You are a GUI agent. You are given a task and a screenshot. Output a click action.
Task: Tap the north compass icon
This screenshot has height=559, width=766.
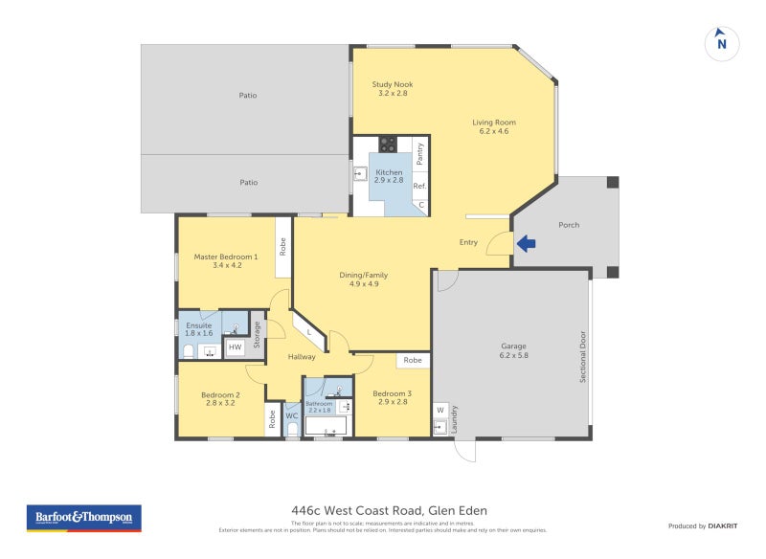722,43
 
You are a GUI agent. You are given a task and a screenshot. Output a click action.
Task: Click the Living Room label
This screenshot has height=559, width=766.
493,126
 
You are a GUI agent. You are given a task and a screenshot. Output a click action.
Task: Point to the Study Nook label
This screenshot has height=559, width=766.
393,89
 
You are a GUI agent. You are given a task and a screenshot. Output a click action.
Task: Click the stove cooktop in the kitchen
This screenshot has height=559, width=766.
389,145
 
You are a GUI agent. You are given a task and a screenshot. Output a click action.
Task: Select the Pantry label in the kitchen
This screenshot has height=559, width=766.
419,154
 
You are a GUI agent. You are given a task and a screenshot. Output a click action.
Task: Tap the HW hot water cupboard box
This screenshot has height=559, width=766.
236,347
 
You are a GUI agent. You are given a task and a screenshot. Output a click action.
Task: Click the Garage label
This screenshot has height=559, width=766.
513,350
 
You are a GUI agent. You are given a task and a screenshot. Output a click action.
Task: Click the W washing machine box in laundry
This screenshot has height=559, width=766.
440,410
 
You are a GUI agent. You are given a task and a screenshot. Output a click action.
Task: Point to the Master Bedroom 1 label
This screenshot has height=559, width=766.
225,261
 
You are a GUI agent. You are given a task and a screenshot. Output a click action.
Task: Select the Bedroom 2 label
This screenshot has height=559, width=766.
220,399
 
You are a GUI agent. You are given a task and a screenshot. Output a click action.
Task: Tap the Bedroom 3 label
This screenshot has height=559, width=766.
391,398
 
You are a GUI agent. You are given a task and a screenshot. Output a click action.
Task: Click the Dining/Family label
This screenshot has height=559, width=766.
363,279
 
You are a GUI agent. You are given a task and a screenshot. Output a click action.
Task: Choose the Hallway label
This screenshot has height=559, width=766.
302,357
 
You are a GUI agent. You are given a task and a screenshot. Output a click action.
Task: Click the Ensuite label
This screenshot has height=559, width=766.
198,329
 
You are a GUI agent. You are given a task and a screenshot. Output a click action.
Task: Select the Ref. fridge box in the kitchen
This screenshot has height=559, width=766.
419,186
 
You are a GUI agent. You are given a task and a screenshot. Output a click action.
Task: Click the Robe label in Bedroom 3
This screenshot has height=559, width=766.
413,361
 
